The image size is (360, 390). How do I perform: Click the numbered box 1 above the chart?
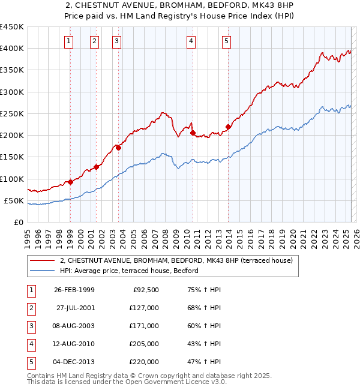(70, 41)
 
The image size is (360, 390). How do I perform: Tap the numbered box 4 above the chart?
(191, 41)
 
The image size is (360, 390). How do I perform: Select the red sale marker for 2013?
(228, 127)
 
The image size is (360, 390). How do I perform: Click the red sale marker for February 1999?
(70, 182)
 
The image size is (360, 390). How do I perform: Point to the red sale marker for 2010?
(193, 133)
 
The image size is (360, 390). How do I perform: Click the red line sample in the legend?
(42, 260)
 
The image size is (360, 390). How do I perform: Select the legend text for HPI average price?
(133, 271)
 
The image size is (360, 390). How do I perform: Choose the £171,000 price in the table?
(145, 326)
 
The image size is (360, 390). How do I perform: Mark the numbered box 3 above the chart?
(116, 41)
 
